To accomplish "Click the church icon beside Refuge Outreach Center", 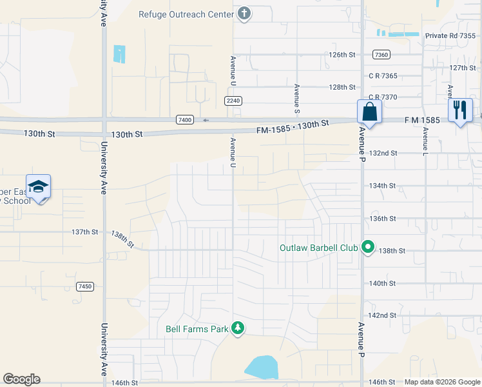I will (244, 14).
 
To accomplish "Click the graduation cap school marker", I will (38, 186).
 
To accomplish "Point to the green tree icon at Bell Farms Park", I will (238, 329).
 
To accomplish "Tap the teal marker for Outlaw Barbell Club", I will (368, 247).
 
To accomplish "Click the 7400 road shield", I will (184, 119).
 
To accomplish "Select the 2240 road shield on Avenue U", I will (233, 101).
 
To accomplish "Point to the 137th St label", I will (84, 232).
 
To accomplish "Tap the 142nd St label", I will (382, 315).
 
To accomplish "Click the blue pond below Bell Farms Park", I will (262, 367).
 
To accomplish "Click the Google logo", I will (21, 379).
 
